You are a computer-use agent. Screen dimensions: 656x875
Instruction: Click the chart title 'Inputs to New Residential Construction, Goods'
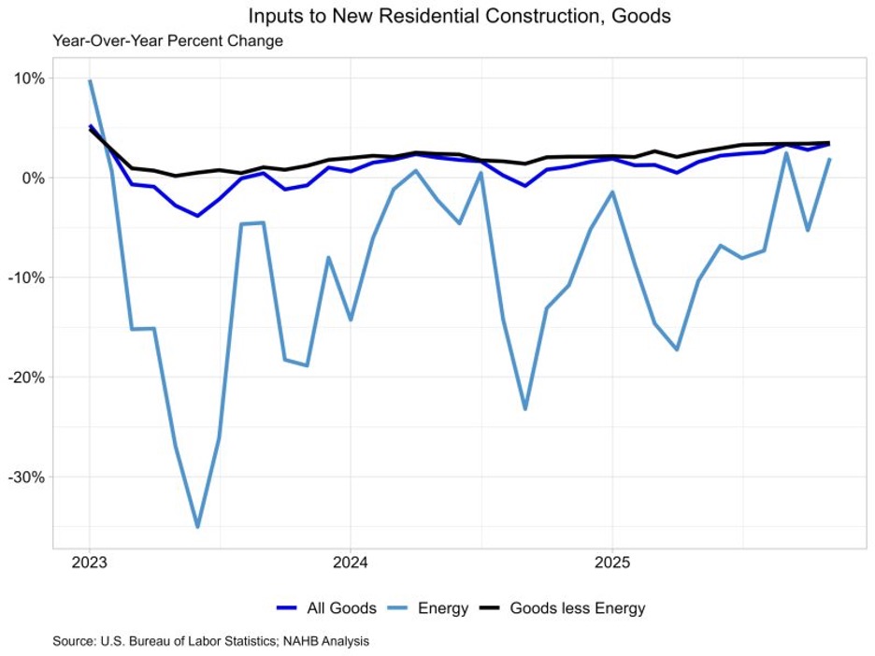point(459,16)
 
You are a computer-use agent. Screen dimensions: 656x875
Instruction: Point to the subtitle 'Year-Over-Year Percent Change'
point(167,41)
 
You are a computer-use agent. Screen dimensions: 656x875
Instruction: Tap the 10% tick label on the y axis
point(27,78)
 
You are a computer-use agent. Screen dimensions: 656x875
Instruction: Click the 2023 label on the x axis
point(90,564)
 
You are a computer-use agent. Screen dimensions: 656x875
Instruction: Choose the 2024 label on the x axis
point(350,564)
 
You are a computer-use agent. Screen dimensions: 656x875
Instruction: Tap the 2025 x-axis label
point(611,564)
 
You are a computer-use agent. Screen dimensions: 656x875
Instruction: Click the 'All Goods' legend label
point(341,608)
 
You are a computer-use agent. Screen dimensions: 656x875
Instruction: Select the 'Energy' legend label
point(444,608)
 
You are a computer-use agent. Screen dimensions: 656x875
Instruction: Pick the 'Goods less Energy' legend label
point(577,608)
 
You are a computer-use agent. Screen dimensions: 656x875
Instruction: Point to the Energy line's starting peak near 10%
point(90,80)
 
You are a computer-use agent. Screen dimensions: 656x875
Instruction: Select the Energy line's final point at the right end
point(829,159)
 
